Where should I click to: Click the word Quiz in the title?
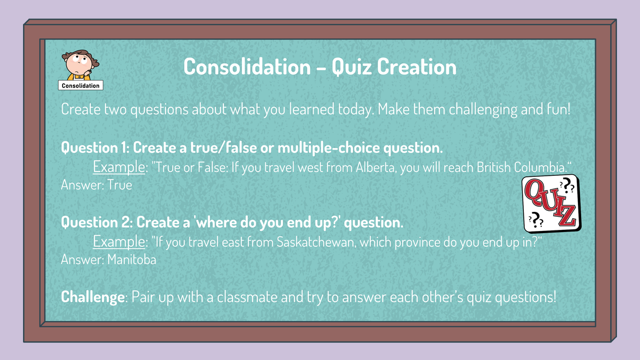[x=353, y=67]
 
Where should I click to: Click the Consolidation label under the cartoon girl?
[x=80, y=85]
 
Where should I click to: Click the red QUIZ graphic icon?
[x=551, y=205]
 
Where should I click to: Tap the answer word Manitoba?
[x=132, y=260]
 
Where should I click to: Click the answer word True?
[x=119, y=185]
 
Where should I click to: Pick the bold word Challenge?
[x=92, y=297]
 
